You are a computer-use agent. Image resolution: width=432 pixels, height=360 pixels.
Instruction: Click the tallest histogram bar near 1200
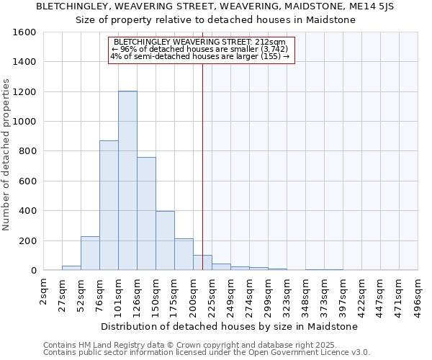click(127, 180)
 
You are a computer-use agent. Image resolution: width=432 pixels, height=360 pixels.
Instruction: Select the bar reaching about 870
click(109, 205)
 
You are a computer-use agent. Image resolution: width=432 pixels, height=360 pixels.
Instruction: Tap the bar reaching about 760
click(146, 213)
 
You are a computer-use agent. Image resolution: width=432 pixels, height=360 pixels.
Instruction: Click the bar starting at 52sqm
click(90, 253)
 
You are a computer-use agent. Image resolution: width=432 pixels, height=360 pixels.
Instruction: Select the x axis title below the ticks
click(229, 326)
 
